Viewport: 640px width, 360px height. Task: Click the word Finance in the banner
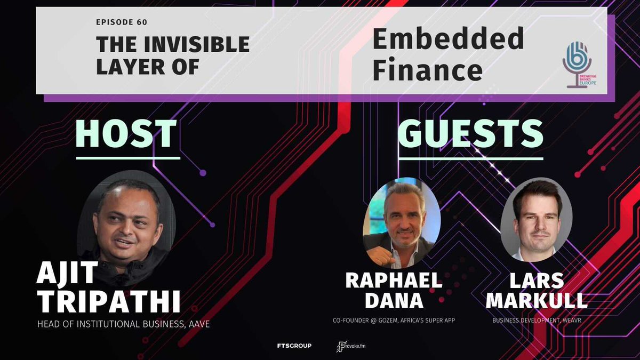(x=428, y=70)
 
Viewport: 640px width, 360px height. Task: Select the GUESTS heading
(x=470, y=134)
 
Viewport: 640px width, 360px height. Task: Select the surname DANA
(x=394, y=301)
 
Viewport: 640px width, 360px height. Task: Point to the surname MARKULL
(x=537, y=301)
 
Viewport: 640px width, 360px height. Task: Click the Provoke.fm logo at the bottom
(x=351, y=346)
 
